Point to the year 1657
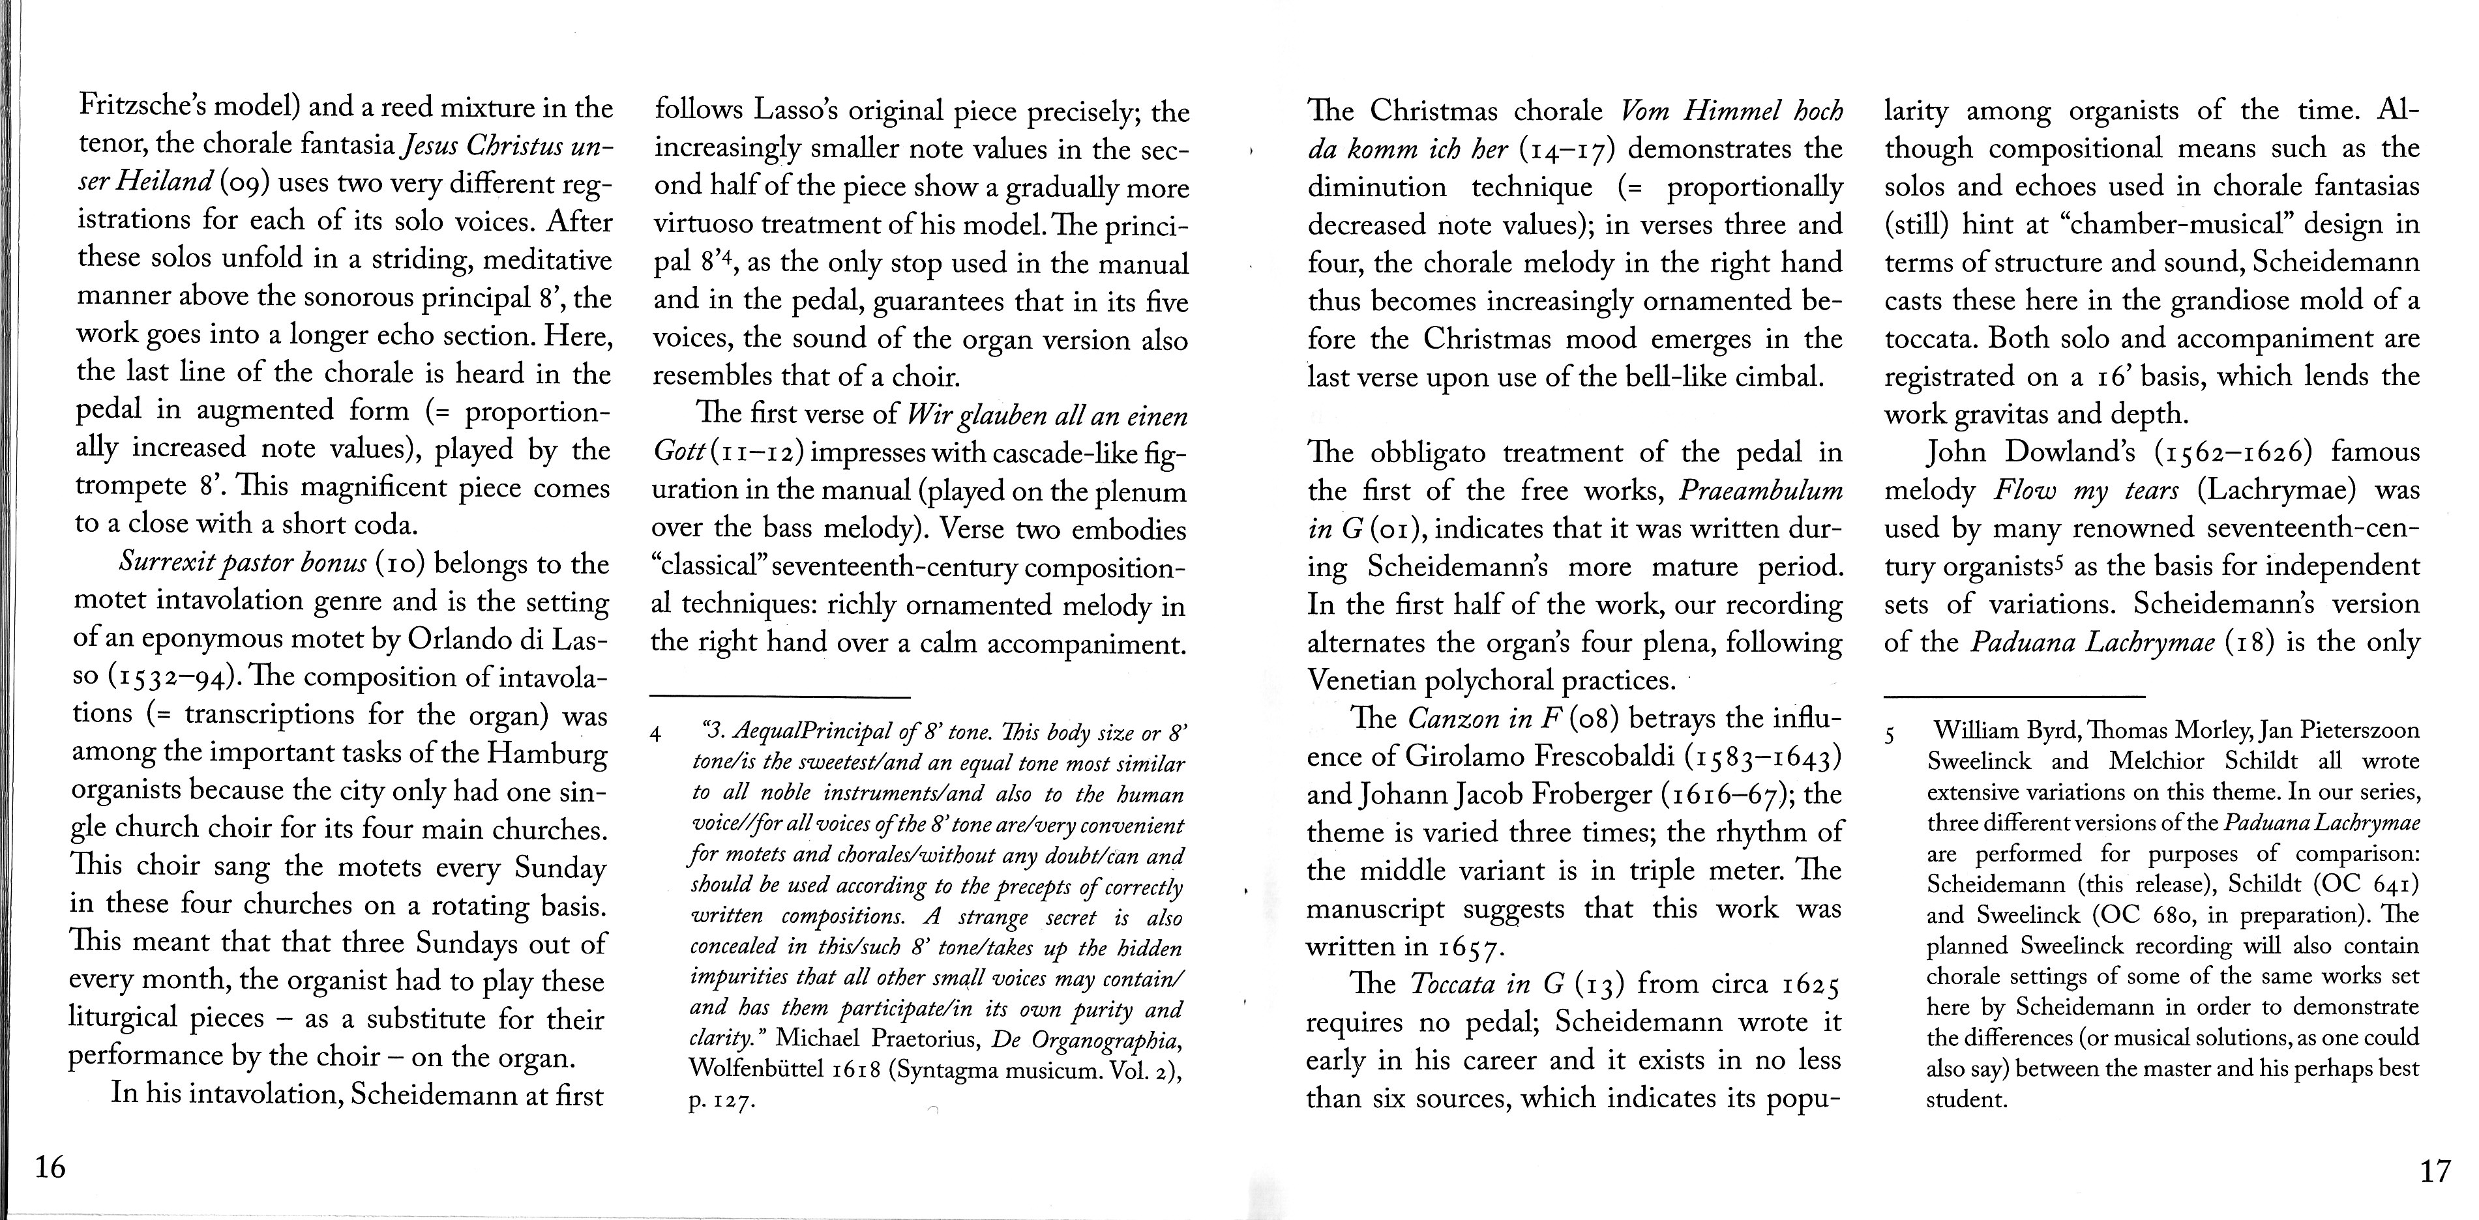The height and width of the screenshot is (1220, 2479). pyautogui.click(x=1470, y=948)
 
